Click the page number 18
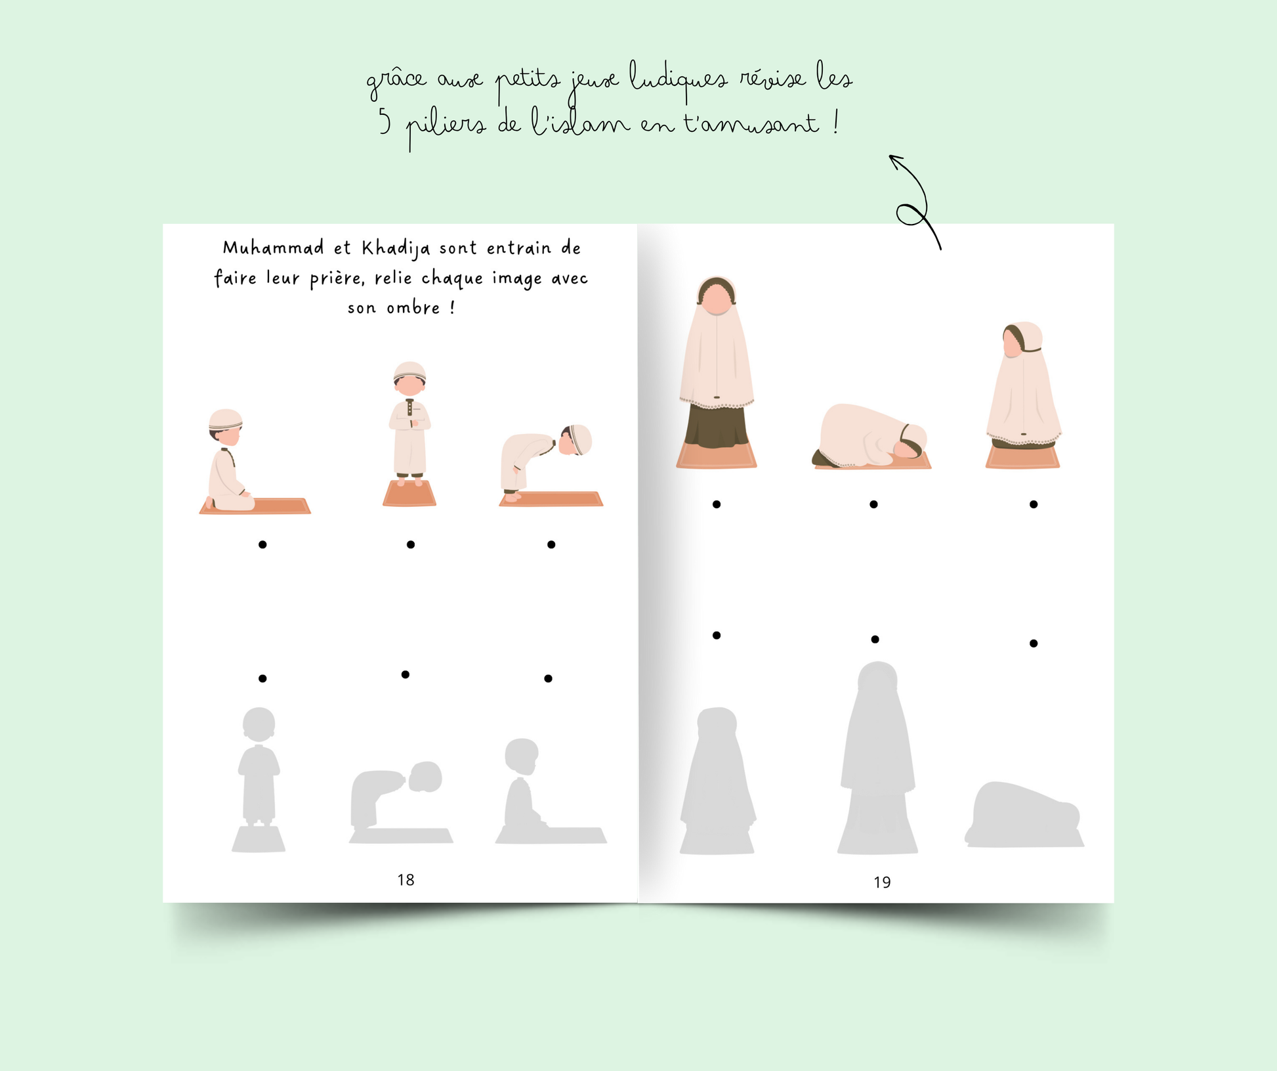tap(406, 880)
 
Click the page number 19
tap(882, 883)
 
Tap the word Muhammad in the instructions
tap(273, 248)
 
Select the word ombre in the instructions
tap(413, 308)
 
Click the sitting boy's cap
tap(226, 419)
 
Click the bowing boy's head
tap(576, 440)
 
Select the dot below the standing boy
tap(411, 544)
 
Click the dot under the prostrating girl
tap(873, 504)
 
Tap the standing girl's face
tap(717, 301)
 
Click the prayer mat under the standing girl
tap(717, 456)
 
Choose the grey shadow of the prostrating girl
tap(1024, 814)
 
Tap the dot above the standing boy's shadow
tap(262, 678)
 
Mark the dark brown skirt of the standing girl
tap(717, 426)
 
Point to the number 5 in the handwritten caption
tap(385, 122)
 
